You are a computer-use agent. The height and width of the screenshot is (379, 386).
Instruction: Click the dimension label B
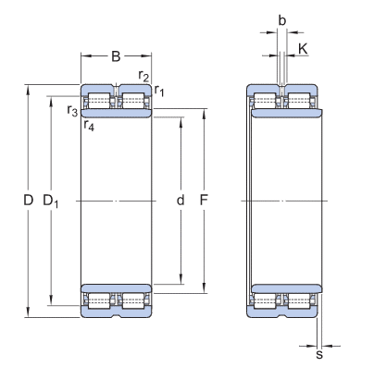pyautogui.click(x=116, y=56)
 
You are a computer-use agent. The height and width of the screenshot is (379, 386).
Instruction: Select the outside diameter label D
pyautogui.click(x=28, y=201)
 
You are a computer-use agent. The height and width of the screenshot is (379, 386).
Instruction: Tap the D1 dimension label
pyautogui.click(x=50, y=201)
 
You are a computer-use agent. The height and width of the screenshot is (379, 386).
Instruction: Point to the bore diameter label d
pyautogui.click(x=181, y=201)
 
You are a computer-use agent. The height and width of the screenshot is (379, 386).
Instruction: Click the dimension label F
pyautogui.click(x=204, y=201)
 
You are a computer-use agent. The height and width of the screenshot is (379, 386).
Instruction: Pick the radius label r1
pyautogui.click(x=159, y=91)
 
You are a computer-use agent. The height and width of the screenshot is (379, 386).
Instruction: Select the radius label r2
pyautogui.click(x=143, y=76)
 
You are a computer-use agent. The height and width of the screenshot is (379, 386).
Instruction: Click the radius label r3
pyautogui.click(x=72, y=111)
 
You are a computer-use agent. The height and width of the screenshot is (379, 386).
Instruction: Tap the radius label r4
pyautogui.click(x=89, y=126)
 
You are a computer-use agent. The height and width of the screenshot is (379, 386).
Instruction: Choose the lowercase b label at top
pyautogui.click(x=282, y=20)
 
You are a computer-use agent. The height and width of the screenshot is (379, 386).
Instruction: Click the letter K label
pyautogui.click(x=303, y=49)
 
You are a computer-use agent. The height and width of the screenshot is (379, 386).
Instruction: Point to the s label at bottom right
pyautogui.click(x=319, y=355)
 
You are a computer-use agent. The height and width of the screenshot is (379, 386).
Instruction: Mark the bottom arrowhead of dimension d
pyautogui.click(x=181, y=279)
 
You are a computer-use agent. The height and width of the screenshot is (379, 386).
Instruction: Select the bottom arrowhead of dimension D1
pyautogui.click(x=51, y=300)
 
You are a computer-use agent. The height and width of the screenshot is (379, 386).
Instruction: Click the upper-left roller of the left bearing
pyautogui.click(x=99, y=101)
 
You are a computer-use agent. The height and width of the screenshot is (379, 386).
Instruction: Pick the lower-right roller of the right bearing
pyautogui.click(x=299, y=301)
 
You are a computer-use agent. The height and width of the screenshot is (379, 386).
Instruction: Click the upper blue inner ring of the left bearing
pyautogui.click(x=116, y=113)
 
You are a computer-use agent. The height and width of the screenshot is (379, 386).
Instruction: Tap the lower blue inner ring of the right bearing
pyautogui.click(x=287, y=288)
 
